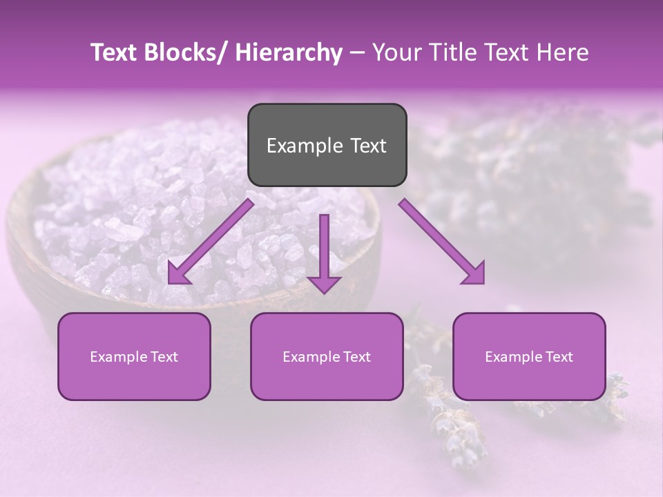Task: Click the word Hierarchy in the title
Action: (289, 52)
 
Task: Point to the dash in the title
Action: (357, 52)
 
